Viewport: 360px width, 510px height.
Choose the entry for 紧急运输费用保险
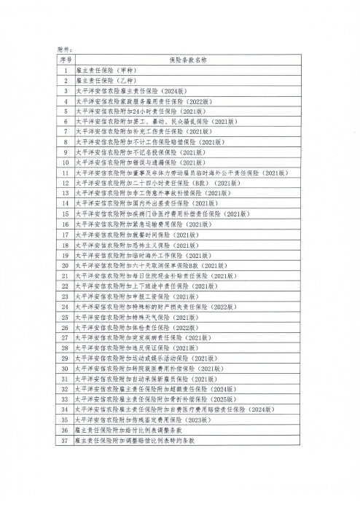146,224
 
